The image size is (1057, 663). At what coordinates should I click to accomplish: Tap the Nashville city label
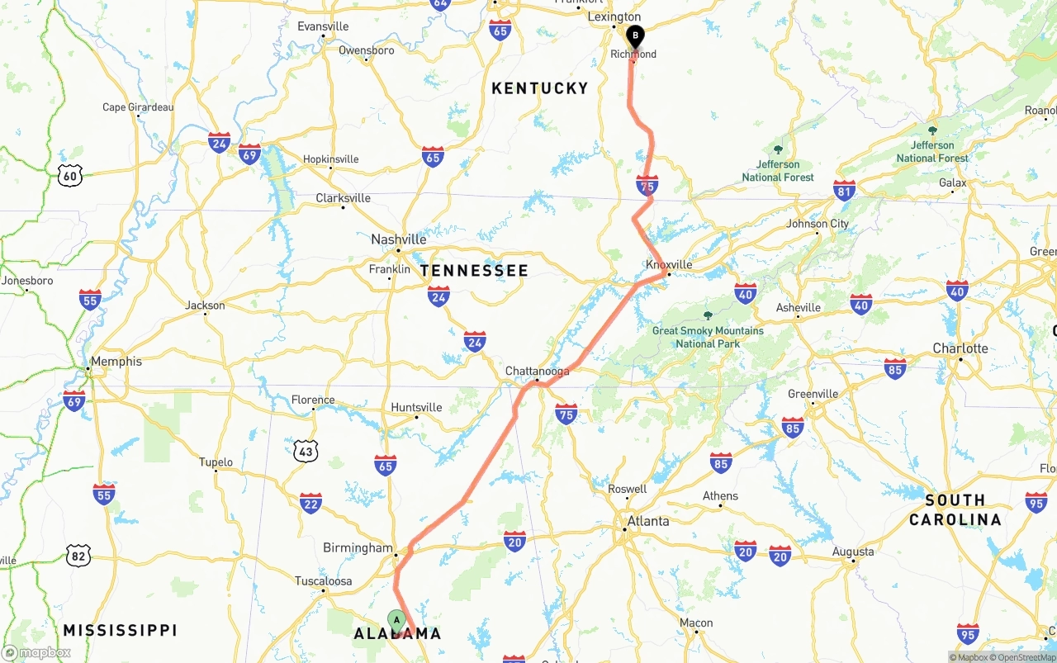point(399,239)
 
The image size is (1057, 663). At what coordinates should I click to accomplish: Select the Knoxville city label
point(669,264)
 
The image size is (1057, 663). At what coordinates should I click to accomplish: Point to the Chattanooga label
point(538,372)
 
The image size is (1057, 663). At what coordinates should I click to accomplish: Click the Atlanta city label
point(648,521)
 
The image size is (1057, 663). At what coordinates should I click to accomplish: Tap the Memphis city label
point(116,361)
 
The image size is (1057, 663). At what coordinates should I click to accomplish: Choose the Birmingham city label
point(358,547)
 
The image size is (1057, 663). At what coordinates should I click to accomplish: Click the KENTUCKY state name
point(540,88)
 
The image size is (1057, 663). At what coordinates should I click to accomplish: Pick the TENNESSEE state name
point(474,271)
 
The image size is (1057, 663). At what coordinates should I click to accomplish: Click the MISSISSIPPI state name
point(121,631)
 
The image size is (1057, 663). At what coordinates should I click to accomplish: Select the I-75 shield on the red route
point(647,186)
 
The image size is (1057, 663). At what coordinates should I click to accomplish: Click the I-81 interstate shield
point(844,191)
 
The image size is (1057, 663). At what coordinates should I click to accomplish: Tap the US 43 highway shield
point(306,450)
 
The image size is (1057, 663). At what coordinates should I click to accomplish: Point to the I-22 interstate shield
point(310,502)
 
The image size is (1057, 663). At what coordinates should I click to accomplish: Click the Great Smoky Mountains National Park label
point(708,337)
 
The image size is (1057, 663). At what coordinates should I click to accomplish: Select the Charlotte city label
point(960,348)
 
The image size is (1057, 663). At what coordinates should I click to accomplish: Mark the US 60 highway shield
point(71,174)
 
